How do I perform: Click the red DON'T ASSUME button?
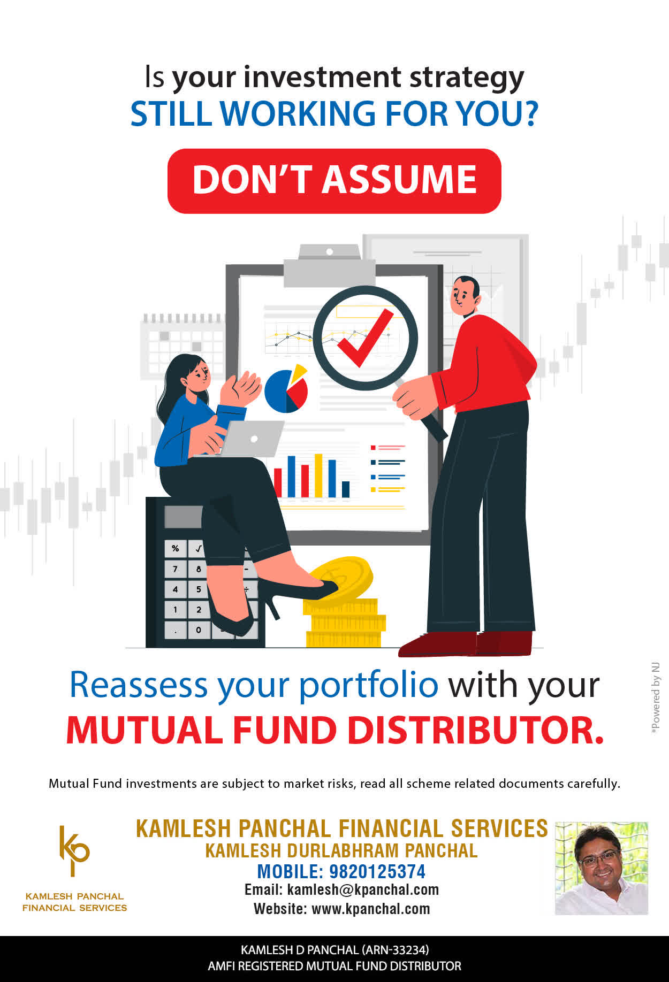(x=334, y=181)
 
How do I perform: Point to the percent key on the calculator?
(x=175, y=549)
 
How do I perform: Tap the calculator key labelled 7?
(x=175, y=569)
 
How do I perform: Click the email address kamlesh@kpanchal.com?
(x=363, y=890)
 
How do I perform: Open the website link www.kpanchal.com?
(x=371, y=909)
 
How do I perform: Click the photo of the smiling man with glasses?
(x=602, y=868)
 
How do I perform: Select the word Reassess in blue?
(x=139, y=685)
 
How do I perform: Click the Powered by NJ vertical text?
(x=656, y=698)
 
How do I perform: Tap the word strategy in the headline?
(x=467, y=78)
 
